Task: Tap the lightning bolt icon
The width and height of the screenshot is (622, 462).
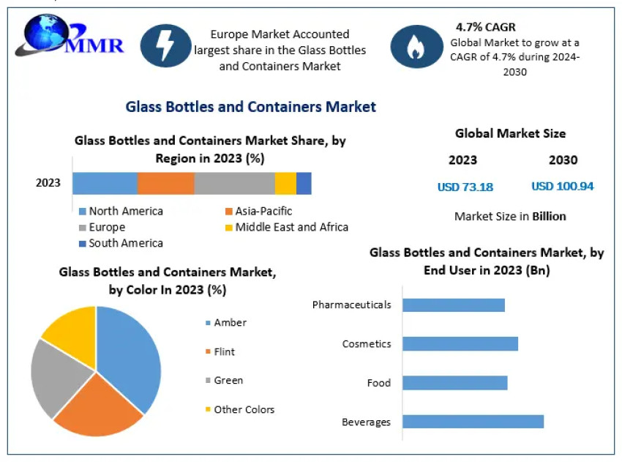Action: [166, 45]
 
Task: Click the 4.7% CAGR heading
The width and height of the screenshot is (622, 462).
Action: [485, 27]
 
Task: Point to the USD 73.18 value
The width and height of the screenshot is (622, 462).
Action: [465, 187]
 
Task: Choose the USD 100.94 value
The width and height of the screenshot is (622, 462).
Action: [562, 186]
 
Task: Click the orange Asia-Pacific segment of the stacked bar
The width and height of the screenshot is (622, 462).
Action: [165, 183]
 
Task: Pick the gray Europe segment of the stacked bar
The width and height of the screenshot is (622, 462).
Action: [234, 183]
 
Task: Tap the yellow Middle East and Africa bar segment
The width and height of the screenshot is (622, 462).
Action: [285, 183]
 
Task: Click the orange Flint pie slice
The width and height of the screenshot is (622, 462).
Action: [99, 406]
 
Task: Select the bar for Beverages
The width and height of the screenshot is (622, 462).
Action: [473, 421]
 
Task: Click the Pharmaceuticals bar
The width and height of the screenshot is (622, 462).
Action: [454, 305]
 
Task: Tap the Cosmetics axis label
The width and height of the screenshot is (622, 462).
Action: [367, 343]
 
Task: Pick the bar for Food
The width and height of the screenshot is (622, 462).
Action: [454, 382]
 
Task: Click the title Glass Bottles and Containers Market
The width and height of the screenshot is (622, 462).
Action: [251, 107]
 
